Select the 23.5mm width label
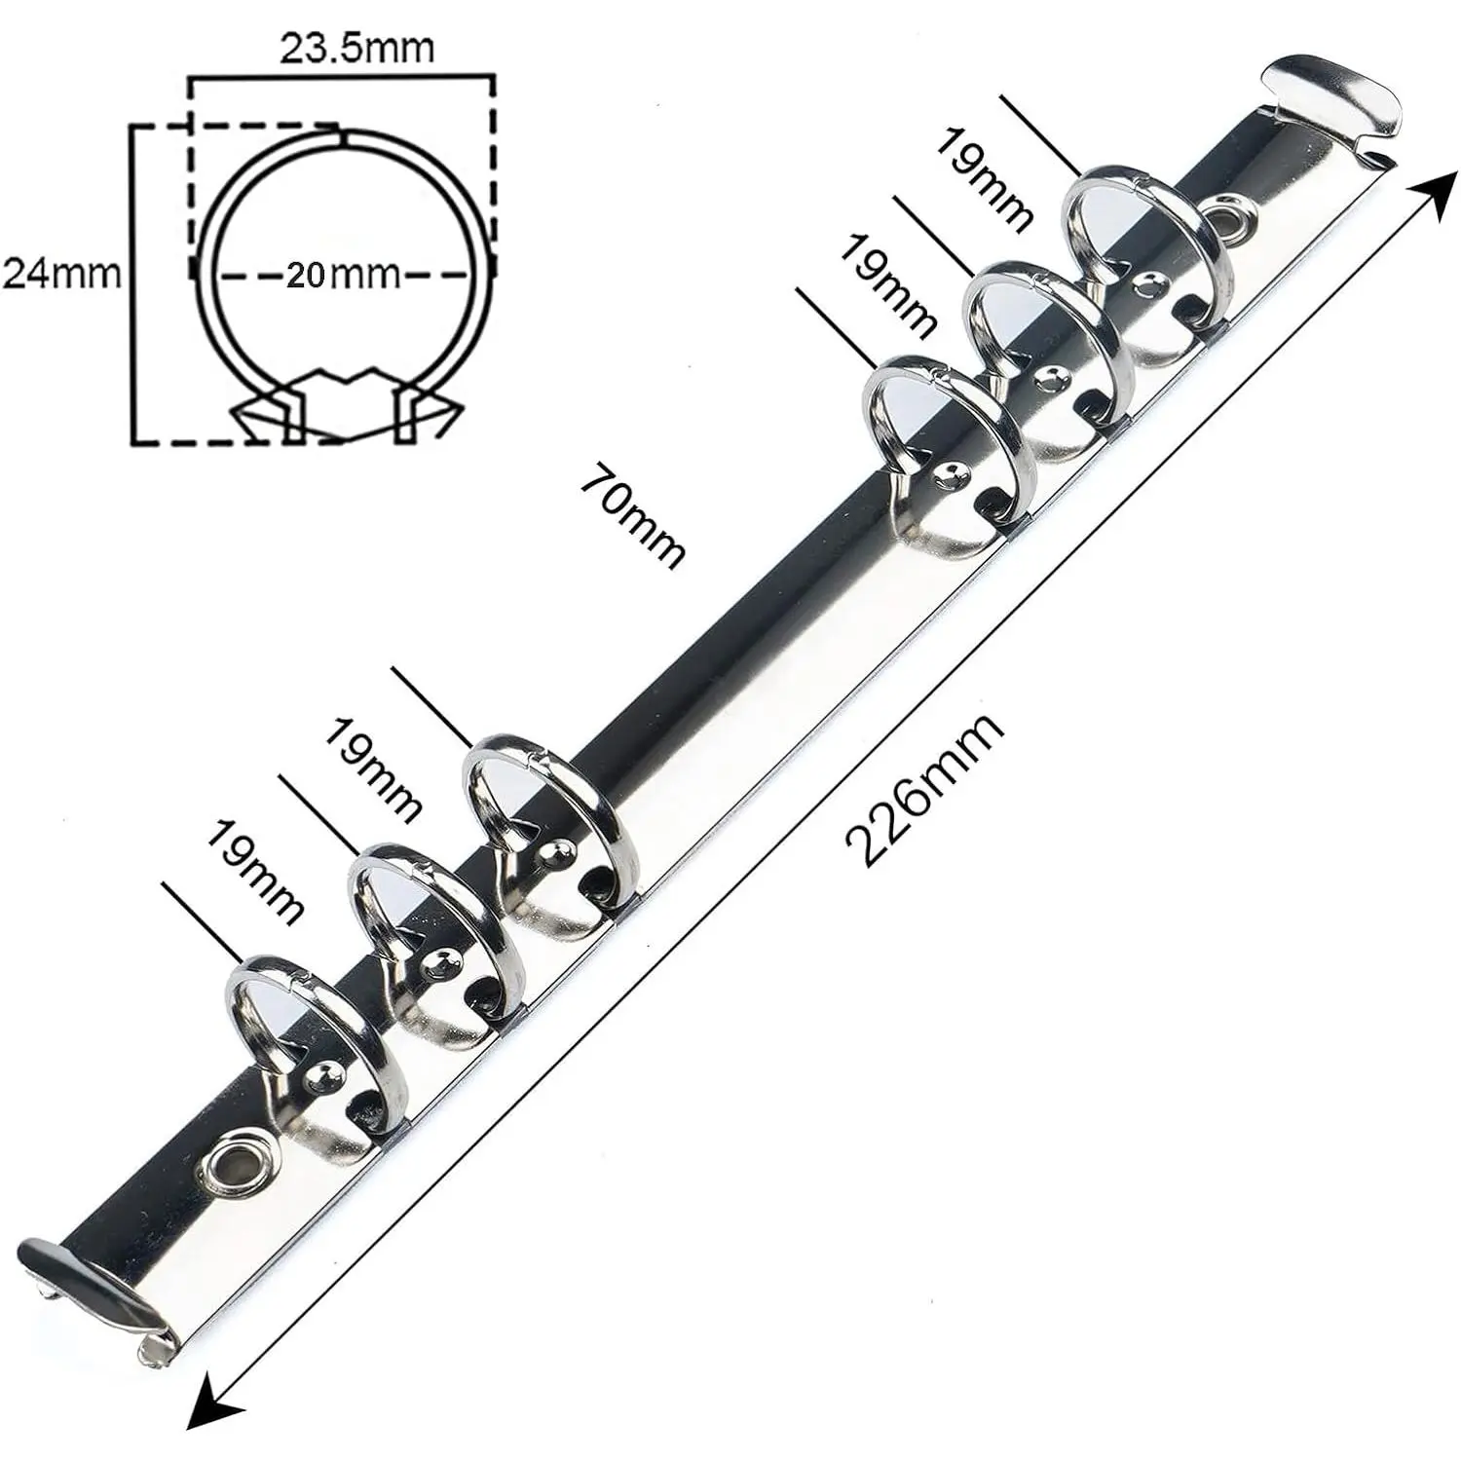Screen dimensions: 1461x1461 pos(356,49)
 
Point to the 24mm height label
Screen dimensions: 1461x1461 pos(62,274)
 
